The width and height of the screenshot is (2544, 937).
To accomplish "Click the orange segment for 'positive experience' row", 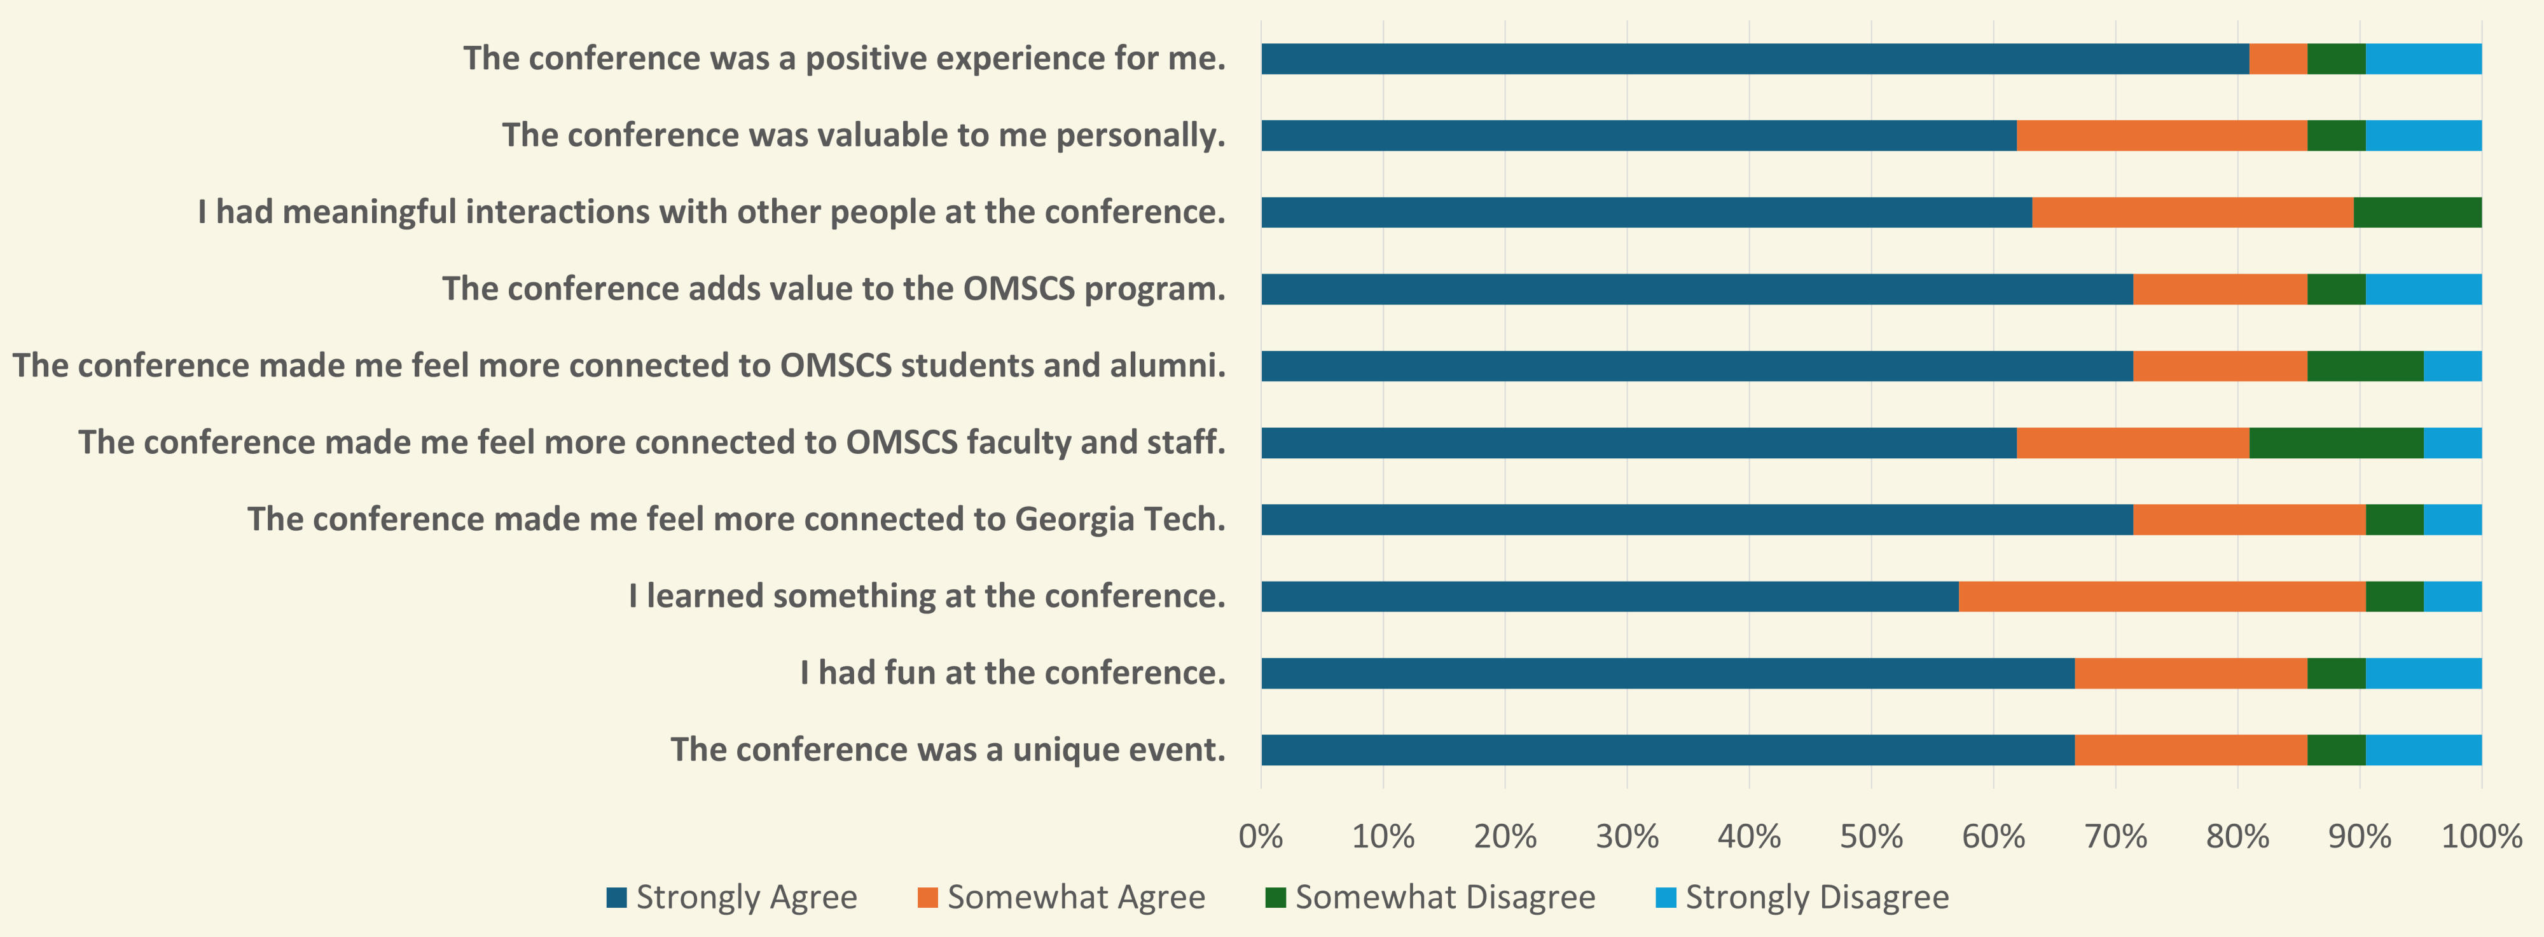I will point(2278,59).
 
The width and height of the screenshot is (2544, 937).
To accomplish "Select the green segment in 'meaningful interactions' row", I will point(2417,212).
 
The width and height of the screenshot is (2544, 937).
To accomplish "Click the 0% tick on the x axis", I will point(1261,837).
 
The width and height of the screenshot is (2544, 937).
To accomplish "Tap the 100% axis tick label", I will point(2481,837).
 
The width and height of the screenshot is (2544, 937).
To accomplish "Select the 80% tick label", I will point(2237,837).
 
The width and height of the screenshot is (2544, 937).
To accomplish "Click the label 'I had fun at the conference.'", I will point(1013,673).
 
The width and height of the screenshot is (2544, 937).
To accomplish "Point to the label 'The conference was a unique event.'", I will point(948,750).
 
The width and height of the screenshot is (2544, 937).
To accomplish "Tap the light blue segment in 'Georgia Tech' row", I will point(2452,519).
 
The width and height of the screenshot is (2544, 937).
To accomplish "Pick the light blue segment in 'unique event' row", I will point(2424,750).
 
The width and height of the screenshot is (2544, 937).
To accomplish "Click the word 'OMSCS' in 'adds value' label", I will point(1018,289).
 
